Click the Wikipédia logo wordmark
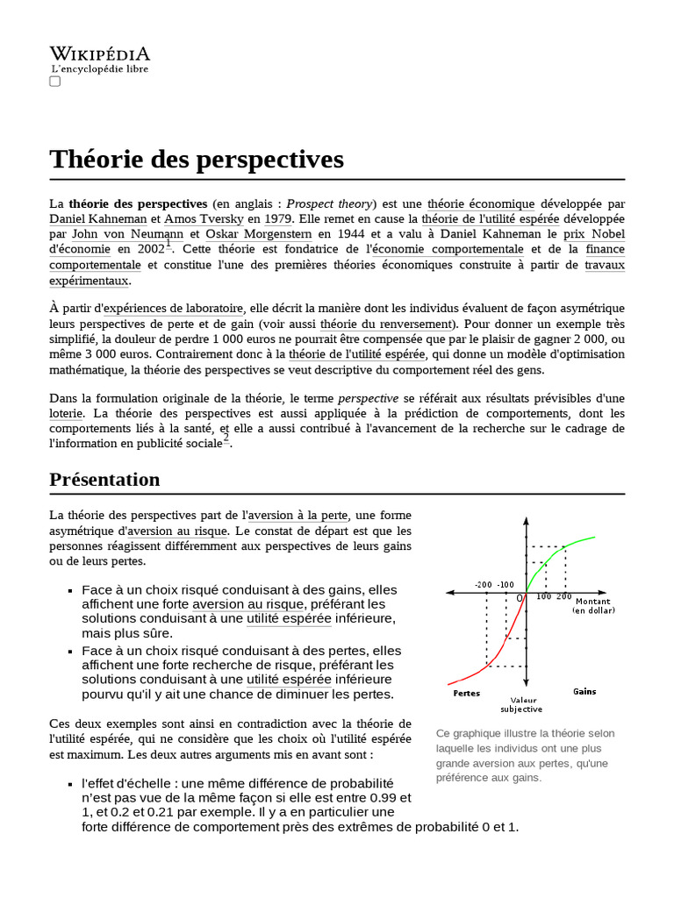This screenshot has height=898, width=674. click(99, 54)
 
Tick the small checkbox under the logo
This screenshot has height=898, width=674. click(54, 82)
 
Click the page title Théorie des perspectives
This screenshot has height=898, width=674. click(197, 159)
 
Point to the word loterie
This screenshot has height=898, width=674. click(67, 412)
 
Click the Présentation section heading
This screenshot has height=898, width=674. click(104, 480)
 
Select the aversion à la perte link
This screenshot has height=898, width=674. click(298, 515)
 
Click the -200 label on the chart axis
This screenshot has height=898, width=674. click(483, 584)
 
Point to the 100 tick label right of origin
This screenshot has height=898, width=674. click(543, 596)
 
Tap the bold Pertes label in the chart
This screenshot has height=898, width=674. click(466, 692)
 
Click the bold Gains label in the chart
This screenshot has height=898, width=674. click(584, 691)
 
